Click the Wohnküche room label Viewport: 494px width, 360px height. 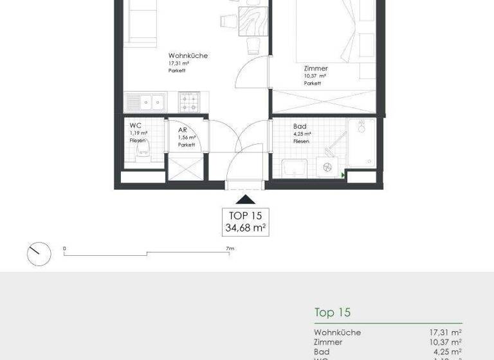(187, 56)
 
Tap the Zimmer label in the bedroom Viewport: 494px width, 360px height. (316, 68)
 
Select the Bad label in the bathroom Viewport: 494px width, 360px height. (299, 127)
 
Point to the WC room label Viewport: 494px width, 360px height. (135, 125)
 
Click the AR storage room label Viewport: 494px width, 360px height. (182, 129)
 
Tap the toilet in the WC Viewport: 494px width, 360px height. (142, 152)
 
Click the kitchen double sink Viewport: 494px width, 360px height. (146, 102)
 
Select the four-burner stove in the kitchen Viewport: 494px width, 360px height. (188, 101)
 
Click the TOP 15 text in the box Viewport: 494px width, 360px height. (246, 215)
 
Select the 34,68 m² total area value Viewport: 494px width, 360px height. (246, 228)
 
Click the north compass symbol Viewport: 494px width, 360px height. (39, 253)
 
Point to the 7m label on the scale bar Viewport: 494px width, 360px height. (229, 248)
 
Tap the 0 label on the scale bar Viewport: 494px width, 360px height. (64, 248)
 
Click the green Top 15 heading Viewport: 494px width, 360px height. (332, 312)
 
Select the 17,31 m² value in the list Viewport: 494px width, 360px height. (445, 332)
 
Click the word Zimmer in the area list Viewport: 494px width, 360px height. (328, 342)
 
